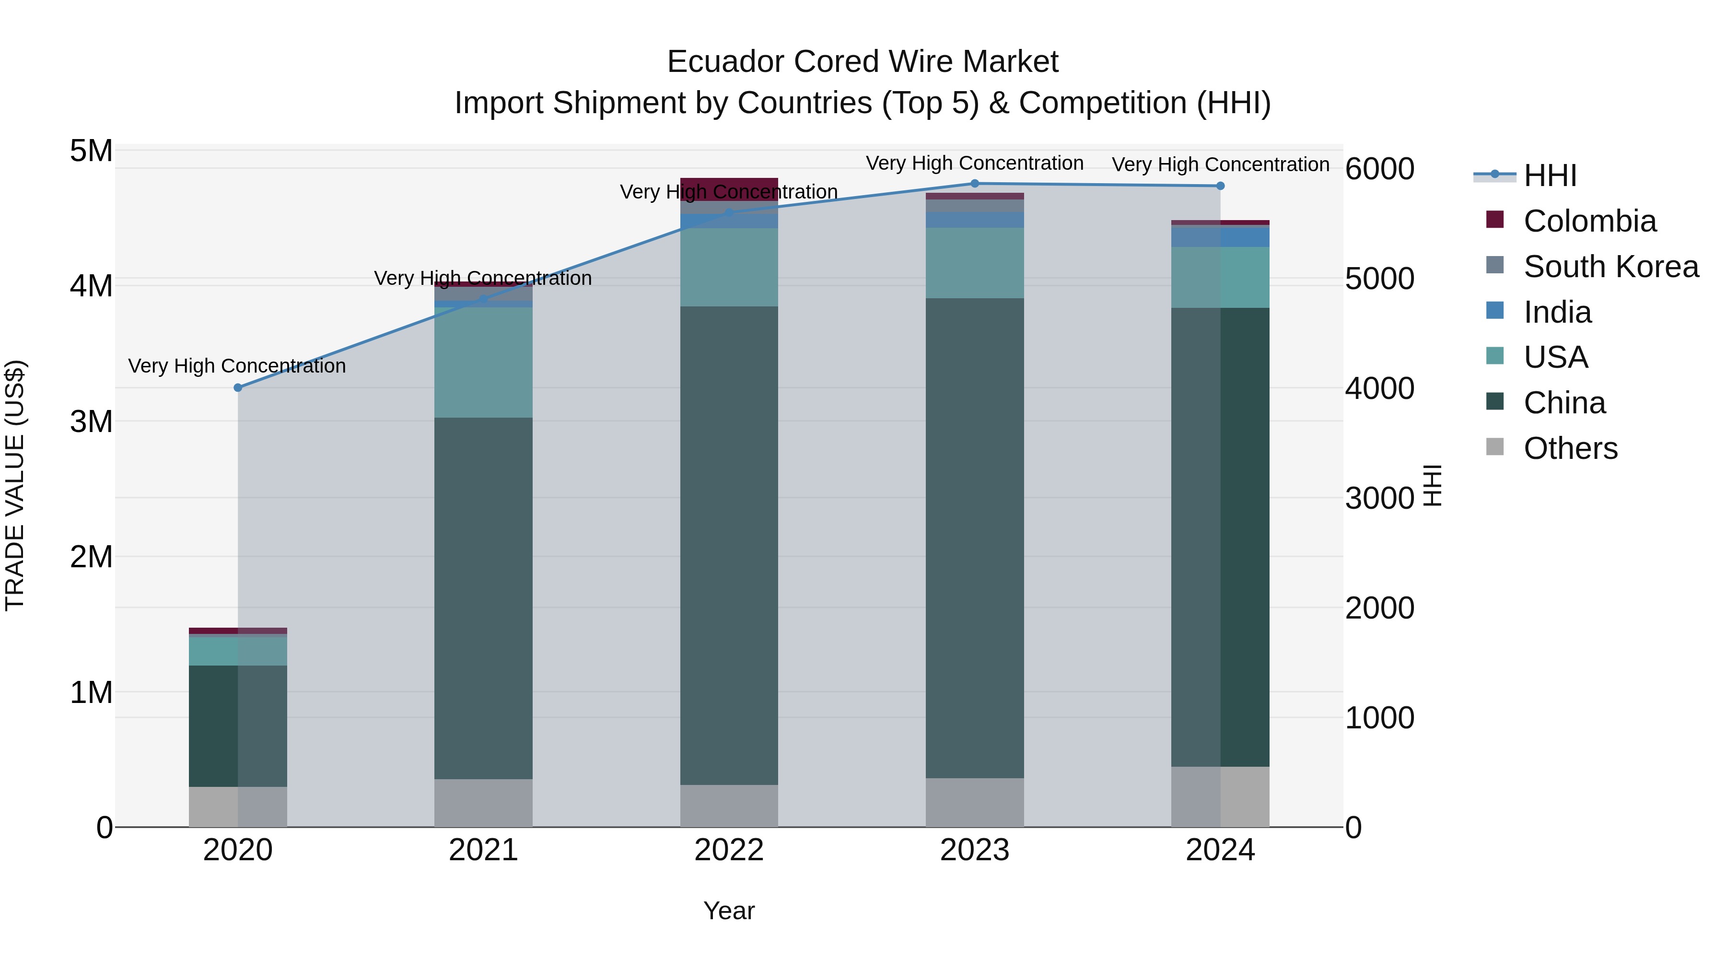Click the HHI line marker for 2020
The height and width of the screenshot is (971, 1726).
coord(238,387)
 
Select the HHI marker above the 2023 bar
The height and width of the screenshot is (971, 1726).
coord(975,184)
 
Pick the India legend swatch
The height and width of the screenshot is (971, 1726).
coord(1495,311)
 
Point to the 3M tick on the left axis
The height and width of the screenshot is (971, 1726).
coord(91,422)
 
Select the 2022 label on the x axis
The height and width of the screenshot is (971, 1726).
coord(729,850)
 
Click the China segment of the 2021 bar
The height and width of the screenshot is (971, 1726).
coord(483,598)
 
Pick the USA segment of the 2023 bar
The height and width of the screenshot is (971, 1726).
coord(975,263)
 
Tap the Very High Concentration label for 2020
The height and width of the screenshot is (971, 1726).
coord(237,366)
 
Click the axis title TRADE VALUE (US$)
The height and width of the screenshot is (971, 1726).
coord(15,485)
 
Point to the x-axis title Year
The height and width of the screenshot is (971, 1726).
coord(729,911)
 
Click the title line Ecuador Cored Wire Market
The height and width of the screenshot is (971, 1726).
coord(863,62)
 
